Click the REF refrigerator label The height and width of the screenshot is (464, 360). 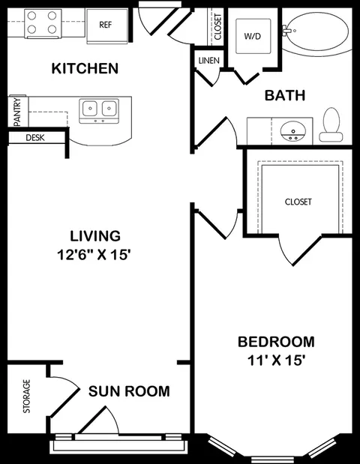click(x=106, y=25)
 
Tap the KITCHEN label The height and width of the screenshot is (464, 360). click(x=85, y=68)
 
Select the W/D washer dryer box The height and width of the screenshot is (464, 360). click(x=253, y=36)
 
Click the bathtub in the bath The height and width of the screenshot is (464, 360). click(x=316, y=31)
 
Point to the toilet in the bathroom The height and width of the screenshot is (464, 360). click(x=331, y=124)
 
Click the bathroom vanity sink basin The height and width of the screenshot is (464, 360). click(x=293, y=132)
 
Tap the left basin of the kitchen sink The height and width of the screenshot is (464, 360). click(x=89, y=108)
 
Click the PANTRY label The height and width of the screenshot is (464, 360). click(x=17, y=112)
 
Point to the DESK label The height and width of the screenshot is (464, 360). click(x=35, y=138)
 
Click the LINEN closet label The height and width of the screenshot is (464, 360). click(x=209, y=61)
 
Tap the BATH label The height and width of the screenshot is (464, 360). click(x=285, y=96)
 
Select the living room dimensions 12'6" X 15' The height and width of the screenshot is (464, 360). click(x=94, y=255)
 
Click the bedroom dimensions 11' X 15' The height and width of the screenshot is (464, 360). click(x=276, y=361)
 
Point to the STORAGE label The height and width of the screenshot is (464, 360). click(x=27, y=397)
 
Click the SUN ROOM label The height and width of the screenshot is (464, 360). click(x=129, y=391)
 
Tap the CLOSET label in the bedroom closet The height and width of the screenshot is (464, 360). click(x=298, y=202)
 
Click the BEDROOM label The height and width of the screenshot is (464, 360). click(x=276, y=342)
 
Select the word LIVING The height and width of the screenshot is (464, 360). click(x=95, y=236)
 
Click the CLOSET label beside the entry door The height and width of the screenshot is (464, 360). click(x=218, y=27)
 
